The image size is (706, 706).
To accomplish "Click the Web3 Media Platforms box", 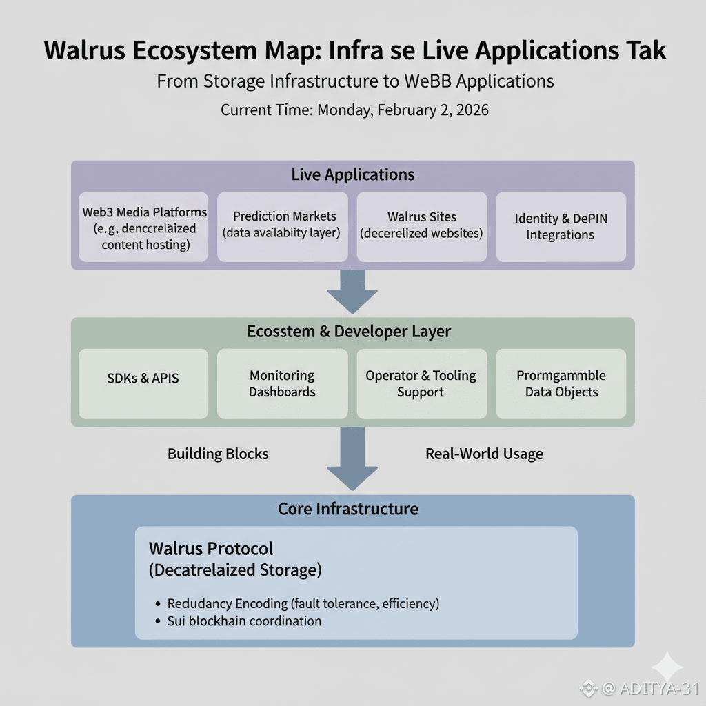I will coord(143,227).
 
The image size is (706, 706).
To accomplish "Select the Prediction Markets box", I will coord(282,227).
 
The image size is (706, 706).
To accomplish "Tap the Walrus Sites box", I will coord(421,227).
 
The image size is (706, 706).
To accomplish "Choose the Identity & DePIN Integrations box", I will coord(561,227).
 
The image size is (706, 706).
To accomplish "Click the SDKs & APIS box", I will coord(143,383).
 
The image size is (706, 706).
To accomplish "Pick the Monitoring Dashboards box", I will coord(282,383).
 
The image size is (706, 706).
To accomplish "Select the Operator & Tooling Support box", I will coord(421,383).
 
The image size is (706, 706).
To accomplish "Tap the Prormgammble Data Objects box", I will coord(561,383).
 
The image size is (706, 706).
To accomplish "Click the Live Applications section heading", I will coord(352,174).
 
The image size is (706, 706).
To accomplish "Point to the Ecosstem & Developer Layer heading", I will coord(349,331).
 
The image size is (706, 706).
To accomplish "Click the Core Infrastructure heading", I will coord(348,509).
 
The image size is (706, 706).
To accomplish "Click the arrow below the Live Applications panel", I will coord(352,290).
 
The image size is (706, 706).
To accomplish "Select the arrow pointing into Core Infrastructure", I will coord(352,458).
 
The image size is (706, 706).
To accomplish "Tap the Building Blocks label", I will coord(218,454).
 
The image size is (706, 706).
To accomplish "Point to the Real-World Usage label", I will coord(484,454).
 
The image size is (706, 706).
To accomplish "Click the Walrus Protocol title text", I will coord(211,549).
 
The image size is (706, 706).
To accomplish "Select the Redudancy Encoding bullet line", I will coord(303,603).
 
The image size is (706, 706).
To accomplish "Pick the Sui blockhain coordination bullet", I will coord(245,621).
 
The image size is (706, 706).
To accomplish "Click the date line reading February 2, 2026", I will coord(354,110).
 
